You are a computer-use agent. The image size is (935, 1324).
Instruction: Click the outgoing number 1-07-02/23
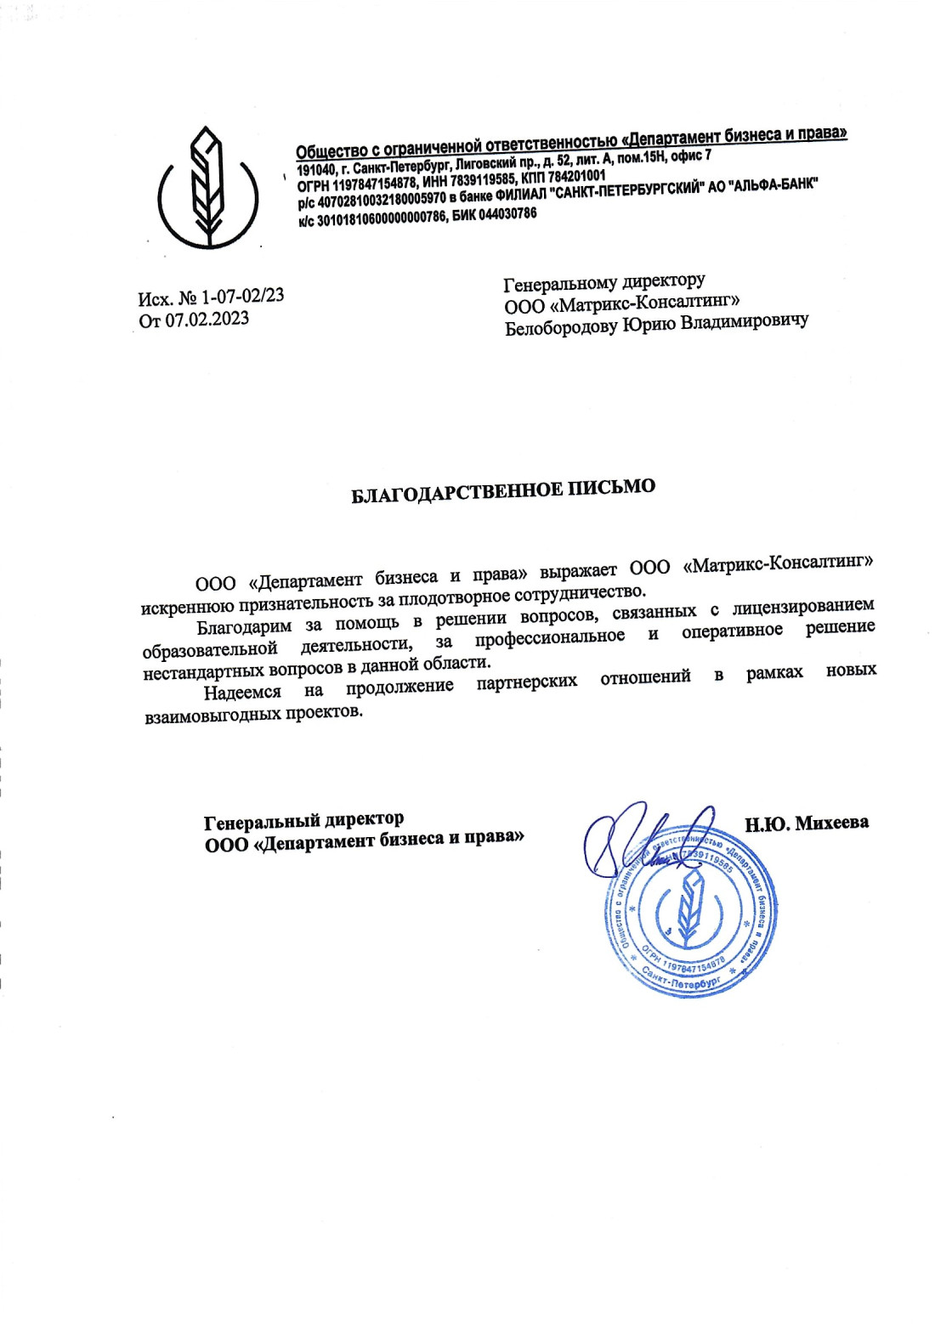click(242, 297)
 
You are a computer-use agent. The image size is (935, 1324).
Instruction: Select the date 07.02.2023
click(207, 320)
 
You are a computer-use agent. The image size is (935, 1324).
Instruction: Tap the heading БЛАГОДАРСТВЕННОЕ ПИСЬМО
click(503, 490)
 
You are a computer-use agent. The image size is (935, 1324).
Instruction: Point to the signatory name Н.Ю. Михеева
click(807, 823)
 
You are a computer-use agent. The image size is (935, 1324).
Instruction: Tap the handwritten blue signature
click(646, 841)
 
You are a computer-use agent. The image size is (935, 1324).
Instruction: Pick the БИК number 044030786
click(507, 215)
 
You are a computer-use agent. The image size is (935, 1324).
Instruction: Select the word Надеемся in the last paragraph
click(242, 693)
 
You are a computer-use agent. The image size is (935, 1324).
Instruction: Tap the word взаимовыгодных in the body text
click(212, 716)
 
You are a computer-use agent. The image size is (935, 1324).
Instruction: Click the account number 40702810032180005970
click(382, 201)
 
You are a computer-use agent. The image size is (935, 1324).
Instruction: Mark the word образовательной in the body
click(210, 650)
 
